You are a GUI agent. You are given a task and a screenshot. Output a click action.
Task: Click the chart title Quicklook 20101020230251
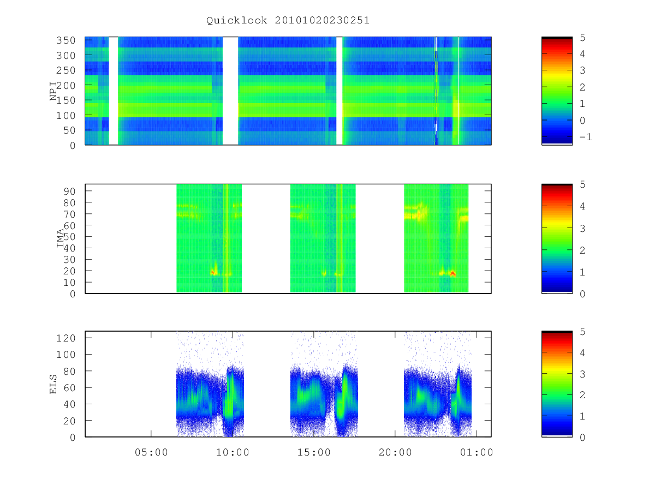[288, 21]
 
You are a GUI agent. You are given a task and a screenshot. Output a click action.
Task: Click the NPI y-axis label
[53, 91]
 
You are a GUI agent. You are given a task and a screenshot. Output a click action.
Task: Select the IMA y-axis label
[60, 238]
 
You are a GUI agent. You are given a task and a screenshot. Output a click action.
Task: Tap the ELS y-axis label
[53, 384]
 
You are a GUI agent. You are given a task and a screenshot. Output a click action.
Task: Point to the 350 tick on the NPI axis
[65, 40]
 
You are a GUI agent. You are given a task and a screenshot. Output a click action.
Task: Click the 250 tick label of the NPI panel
[65, 70]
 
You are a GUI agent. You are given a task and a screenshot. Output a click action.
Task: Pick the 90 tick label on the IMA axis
[69, 191]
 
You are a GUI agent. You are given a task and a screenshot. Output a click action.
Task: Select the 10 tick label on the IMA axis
[69, 282]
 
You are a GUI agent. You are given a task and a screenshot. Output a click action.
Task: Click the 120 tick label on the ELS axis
[65, 338]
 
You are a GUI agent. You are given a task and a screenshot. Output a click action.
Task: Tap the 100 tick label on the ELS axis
[65, 355]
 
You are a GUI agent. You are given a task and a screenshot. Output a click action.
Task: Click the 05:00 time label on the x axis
[151, 452]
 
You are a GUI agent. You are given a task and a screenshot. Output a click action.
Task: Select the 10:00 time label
[233, 452]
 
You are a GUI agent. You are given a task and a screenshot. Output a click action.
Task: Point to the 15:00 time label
[314, 452]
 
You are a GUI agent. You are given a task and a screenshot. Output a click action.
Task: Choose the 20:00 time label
[395, 452]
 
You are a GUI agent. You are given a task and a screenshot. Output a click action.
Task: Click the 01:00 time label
[477, 452]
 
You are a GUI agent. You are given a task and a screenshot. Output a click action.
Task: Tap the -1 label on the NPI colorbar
[586, 137]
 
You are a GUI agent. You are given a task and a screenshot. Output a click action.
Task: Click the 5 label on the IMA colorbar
[582, 184]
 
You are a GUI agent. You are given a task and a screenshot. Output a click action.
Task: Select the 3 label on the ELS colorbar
[582, 374]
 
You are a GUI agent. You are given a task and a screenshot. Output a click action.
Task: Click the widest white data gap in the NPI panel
[230, 91]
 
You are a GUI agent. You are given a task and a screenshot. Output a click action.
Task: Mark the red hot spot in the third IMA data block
[453, 273]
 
